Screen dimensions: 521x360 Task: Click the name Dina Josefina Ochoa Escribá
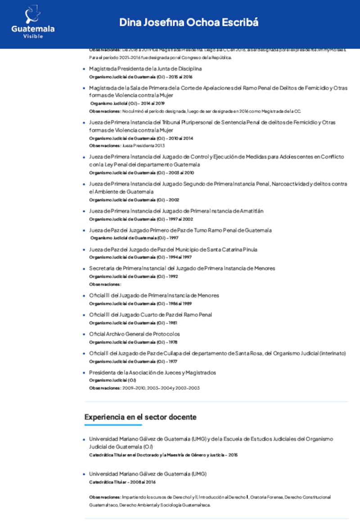(x=189, y=23)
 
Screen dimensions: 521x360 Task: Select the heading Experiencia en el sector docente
(x=140, y=417)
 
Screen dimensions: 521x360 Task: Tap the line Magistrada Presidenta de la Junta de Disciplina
(x=145, y=69)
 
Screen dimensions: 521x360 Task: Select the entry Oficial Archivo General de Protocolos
(x=134, y=334)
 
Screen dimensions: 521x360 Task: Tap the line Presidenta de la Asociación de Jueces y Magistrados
(x=152, y=373)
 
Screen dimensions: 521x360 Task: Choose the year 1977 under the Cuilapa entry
(x=173, y=362)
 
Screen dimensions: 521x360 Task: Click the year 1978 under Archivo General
(x=173, y=342)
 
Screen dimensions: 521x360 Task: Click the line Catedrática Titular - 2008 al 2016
(x=122, y=482)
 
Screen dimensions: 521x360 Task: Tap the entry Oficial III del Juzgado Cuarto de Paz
(x=150, y=315)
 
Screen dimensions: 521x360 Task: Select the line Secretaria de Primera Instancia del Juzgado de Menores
(x=182, y=268)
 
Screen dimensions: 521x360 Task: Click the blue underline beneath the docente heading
(x=113, y=425)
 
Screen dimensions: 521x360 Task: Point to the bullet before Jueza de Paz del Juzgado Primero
(x=84, y=231)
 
